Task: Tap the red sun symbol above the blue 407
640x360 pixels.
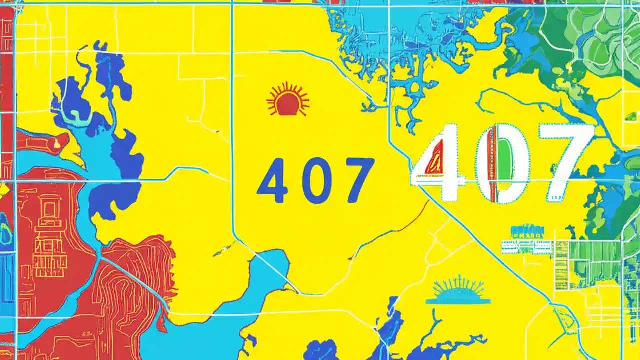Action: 288,100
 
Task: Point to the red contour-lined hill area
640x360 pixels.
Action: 135,285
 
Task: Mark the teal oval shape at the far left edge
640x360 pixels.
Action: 5,227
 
